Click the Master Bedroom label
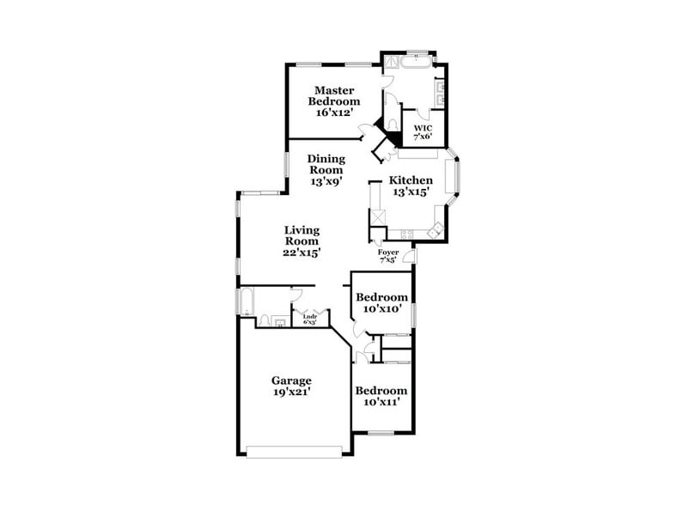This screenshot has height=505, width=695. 335,95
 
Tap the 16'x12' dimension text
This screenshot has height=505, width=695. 334,113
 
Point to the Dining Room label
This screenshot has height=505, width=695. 326,164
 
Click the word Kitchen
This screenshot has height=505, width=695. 411,180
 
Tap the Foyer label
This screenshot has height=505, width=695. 387,252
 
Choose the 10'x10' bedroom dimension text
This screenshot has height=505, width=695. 380,309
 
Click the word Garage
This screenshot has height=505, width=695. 291,380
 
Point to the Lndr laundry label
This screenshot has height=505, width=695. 310,318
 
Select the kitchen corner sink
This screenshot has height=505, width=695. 436,228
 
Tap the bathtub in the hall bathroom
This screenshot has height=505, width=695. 246,301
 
